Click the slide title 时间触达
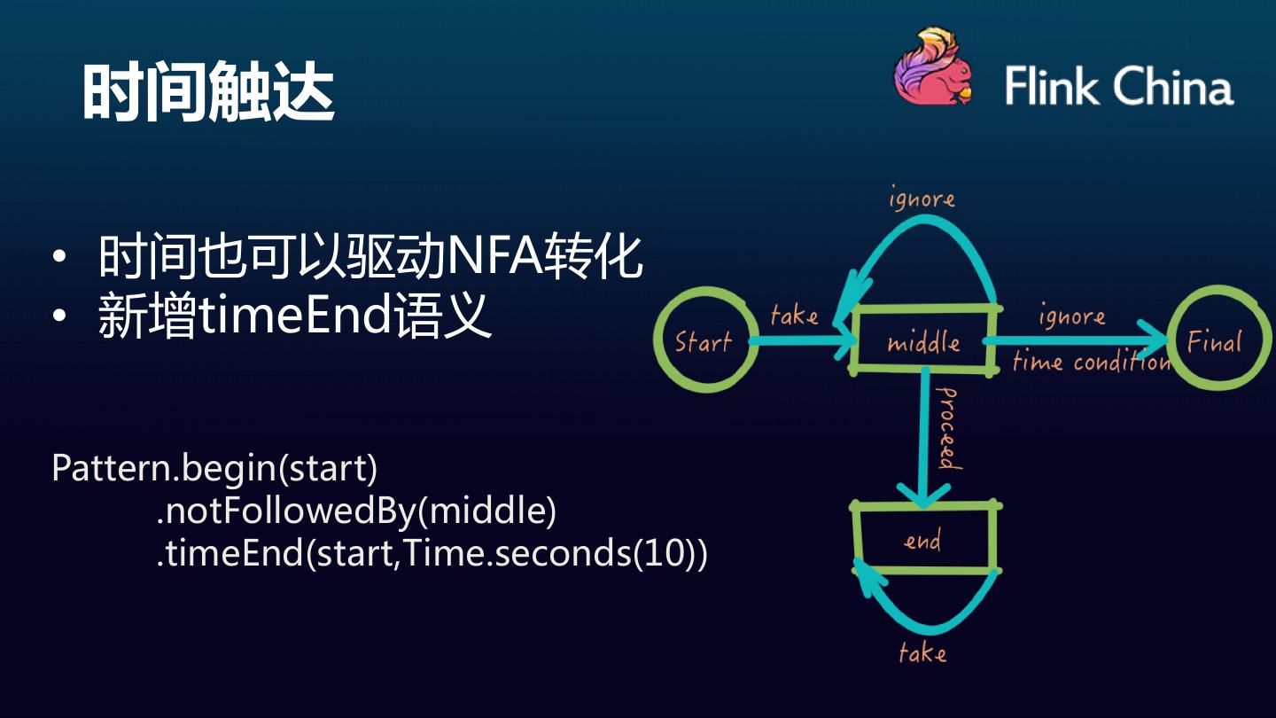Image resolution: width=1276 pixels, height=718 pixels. tap(208, 92)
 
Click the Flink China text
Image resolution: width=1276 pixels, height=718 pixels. tap(1118, 87)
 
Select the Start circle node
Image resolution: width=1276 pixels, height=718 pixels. tap(705, 340)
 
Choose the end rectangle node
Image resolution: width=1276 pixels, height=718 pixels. tap(923, 540)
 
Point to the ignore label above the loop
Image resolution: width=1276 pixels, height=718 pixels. tap(922, 199)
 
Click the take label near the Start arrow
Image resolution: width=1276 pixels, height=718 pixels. tap(793, 314)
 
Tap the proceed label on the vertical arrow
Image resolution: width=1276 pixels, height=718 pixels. tap(946, 427)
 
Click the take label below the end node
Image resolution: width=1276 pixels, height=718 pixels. tap(922, 653)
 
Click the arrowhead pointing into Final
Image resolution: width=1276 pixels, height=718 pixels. tap(1156, 340)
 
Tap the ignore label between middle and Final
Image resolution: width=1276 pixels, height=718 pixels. tap(1071, 316)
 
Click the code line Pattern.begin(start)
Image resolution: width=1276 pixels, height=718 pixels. tap(214, 468)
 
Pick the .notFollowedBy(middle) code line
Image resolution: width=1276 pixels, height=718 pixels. tap(356, 511)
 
